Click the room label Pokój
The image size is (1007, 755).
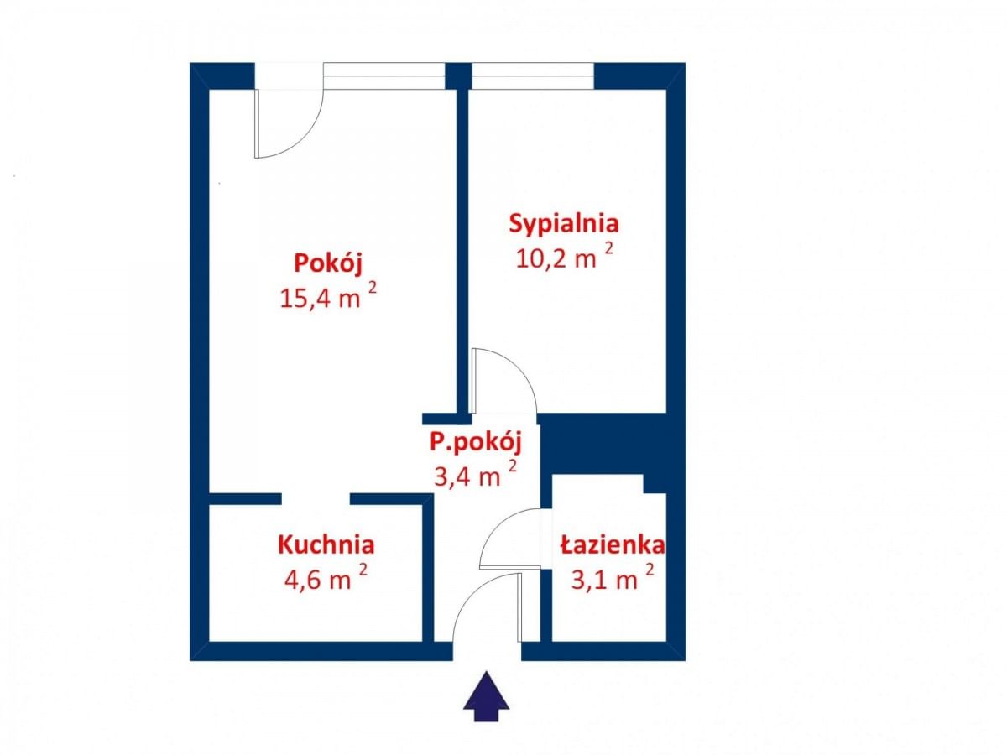tap(328, 263)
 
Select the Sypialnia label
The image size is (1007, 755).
tap(564, 224)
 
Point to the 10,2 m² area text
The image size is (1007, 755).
tap(564, 257)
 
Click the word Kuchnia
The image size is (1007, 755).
tap(326, 544)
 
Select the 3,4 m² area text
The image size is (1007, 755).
tap(475, 476)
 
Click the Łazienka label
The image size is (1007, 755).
tap(613, 545)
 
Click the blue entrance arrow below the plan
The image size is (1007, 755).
tap(487, 696)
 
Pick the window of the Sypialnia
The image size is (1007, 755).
tap(533, 76)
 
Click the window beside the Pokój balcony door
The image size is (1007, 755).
tap(383, 76)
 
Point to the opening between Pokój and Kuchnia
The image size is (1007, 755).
tap(316, 499)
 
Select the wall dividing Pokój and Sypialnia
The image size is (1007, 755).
tap(462, 252)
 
